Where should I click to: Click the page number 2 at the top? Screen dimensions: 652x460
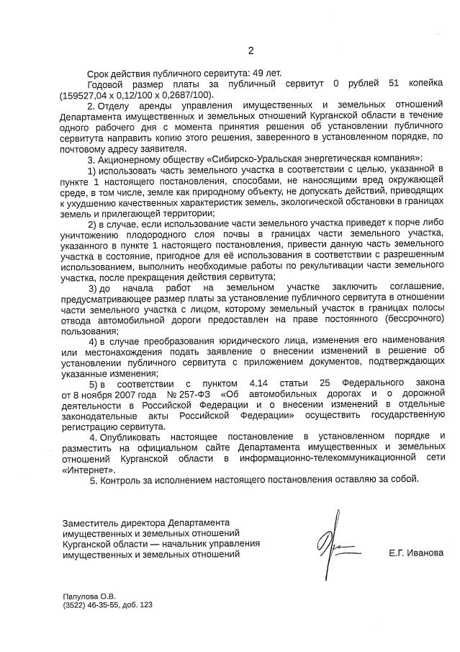[x=251, y=50]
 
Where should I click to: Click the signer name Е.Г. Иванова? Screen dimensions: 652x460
[x=415, y=553]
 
